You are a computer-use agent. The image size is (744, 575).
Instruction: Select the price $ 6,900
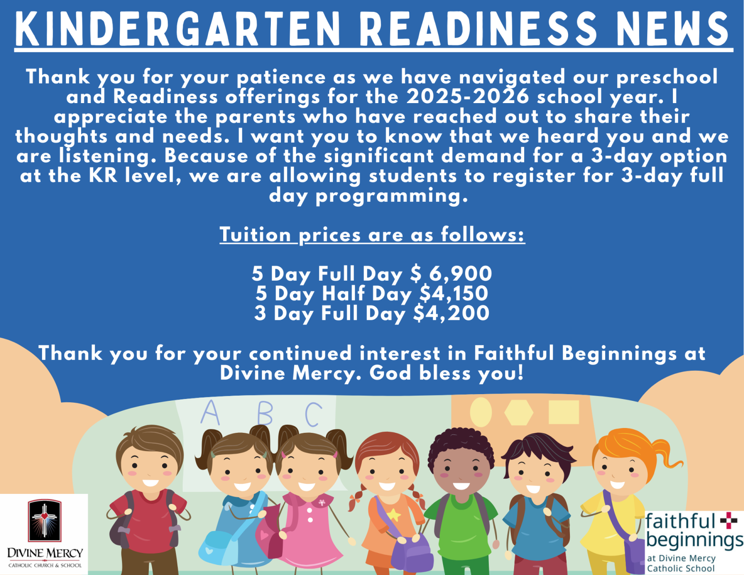(451, 274)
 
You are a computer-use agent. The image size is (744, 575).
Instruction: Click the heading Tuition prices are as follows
(372, 235)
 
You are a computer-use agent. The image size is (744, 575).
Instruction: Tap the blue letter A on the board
(210, 412)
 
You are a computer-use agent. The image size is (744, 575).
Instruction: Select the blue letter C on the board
(313, 414)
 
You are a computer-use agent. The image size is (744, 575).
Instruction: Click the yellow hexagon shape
(519, 413)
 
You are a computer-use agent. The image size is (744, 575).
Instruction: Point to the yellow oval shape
(481, 412)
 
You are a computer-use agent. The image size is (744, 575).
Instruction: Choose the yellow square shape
(564, 412)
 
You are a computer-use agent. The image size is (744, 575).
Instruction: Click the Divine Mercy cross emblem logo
(44, 520)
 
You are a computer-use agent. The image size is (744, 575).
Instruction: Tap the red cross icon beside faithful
(729, 521)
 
